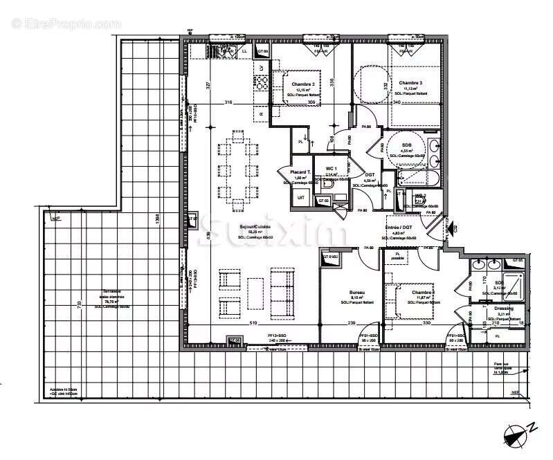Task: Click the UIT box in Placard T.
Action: pyautogui.click(x=300, y=198)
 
